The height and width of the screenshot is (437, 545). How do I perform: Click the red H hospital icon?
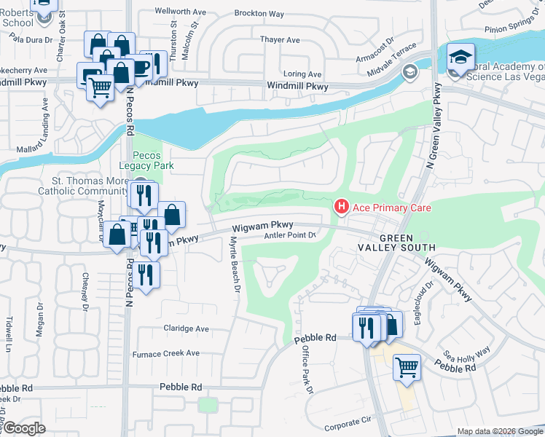click(340, 208)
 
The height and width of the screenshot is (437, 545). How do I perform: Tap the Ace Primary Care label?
click(392, 208)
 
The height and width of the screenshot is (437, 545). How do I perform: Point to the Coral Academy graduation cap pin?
click(460, 58)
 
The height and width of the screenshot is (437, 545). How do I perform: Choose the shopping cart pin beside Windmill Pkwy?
click(101, 88)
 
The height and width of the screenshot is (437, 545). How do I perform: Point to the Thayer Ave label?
click(282, 40)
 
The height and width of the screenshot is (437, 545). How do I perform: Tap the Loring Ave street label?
click(302, 74)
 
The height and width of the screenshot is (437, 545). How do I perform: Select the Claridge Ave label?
click(186, 328)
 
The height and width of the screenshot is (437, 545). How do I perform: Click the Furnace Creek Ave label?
click(165, 353)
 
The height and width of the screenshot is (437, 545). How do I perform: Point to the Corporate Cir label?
click(348, 422)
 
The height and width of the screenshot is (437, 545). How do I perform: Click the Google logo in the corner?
click(24, 428)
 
